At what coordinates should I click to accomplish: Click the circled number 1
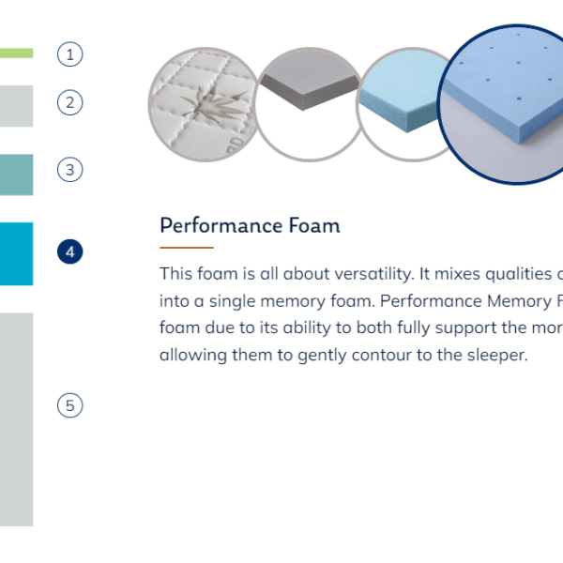pyautogui.click(x=70, y=54)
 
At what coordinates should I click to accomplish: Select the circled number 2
pyautogui.click(x=70, y=102)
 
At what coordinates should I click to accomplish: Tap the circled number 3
pyautogui.click(x=70, y=170)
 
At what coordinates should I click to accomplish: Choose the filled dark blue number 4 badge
pyautogui.click(x=70, y=251)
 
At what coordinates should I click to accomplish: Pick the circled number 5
pyautogui.click(x=70, y=405)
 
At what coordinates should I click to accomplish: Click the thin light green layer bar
pyautogui.click(x=17, y=53)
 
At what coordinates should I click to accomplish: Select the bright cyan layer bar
pyautogui.click(x=17, y=254)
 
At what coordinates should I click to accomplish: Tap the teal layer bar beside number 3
pyautogui.click(x=17, y=175)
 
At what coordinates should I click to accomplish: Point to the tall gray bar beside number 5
pyautogui.click(x=17, y=419)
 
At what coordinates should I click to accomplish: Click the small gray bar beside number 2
pyautogui.click(x=17, y=106)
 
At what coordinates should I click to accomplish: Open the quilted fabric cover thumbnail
pyautogui.click(x=204, y=104)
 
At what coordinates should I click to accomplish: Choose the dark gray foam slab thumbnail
pyautogui.click(x=309, y=104)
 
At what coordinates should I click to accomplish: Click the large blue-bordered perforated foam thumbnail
pyautogui.click(x=503, y=104)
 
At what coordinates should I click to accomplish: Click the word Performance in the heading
pyautogui.click(x=221, y=226)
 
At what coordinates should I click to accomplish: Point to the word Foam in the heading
pyautogui.click(x=314, y=225)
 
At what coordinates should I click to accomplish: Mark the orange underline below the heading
pyautogui.click(x=187, y=248)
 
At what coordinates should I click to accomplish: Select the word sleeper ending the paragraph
pyautogui.click(x=497, y=356)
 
